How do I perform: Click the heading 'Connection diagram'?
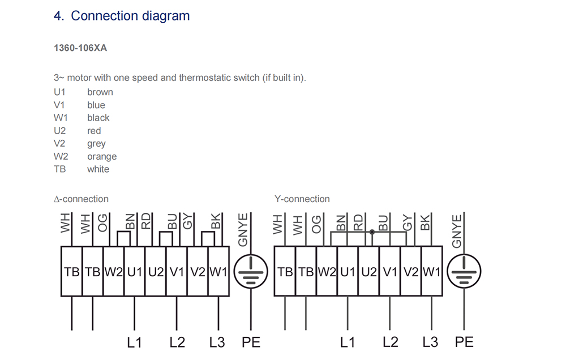130,16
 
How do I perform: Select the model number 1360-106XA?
80,48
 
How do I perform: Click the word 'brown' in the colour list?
100,92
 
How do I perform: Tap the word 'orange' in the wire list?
102,157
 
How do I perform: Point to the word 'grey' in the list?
96,144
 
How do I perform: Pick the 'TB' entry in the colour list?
59,169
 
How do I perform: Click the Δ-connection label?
81,199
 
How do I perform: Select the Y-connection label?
302,199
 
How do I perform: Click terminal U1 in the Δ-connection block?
134,272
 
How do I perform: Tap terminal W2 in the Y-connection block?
327,272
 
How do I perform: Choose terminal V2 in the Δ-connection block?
198,272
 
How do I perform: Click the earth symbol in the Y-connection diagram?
464,272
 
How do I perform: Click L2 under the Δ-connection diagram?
177,342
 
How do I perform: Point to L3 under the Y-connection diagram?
430,342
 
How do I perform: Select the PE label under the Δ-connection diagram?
251,342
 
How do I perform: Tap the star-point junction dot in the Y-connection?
372,232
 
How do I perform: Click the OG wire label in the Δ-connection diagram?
102,224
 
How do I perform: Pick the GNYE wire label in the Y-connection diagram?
458,230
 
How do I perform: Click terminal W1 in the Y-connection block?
431,272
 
